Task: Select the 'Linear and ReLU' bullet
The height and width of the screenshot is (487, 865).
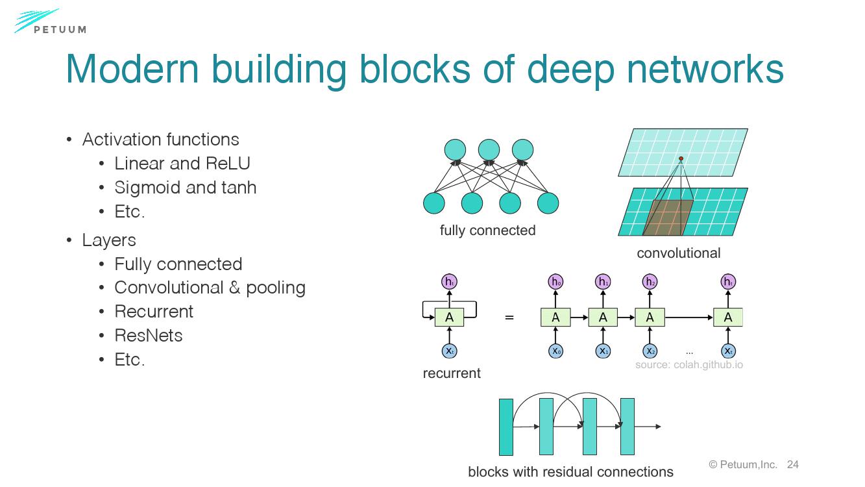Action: point(182,164)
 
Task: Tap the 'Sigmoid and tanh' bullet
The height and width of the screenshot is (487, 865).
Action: point(185,188)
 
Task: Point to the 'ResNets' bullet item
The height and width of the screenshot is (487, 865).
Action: point(149,336)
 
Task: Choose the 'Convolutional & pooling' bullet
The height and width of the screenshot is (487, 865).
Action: point(210,288)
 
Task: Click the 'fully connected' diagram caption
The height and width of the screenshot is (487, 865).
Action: point(487,231)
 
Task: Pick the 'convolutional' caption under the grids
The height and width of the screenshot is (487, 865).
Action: point(678,253)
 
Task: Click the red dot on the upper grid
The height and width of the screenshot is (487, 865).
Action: point(681,158)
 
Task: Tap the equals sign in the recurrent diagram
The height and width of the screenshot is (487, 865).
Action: point(509,318)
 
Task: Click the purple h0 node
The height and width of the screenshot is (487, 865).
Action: point(556,282)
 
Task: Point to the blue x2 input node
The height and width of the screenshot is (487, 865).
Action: point(650,351)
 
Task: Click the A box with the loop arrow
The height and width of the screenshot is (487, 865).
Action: point(449,318)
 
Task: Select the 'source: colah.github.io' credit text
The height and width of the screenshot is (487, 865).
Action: point(688,365)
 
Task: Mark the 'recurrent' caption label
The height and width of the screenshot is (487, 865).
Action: point(452,373)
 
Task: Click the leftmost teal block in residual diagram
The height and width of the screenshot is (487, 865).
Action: point(506,427)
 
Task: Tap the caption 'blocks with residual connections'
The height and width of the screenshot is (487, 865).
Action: point(570,472)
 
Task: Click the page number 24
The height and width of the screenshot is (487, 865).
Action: point(792,464)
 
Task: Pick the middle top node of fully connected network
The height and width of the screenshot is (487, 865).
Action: point(489,150)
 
